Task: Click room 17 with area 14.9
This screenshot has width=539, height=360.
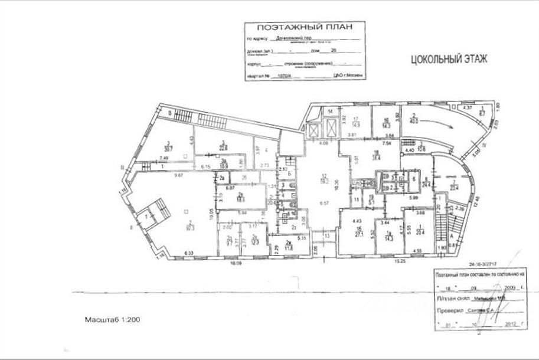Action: point(356,122)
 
